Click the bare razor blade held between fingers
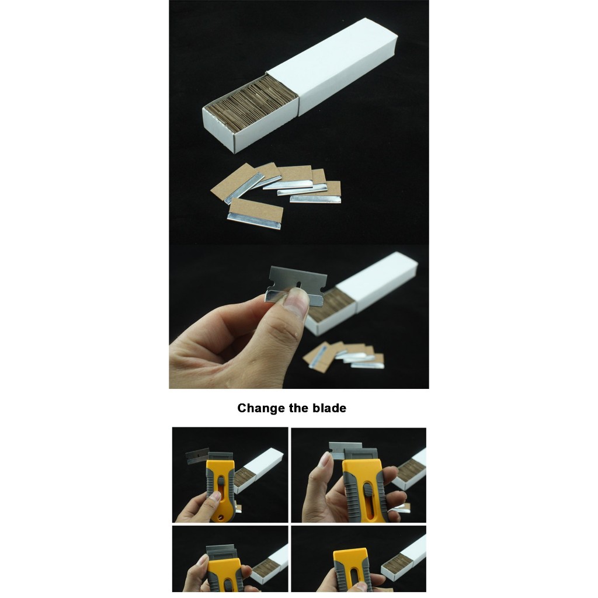(x=295, y=285)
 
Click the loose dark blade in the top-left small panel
(x=197, y=456)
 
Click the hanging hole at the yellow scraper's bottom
(x=220, y=518)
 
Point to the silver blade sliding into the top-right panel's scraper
(x=345, y=450)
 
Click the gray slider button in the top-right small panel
(x=368, y=491)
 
